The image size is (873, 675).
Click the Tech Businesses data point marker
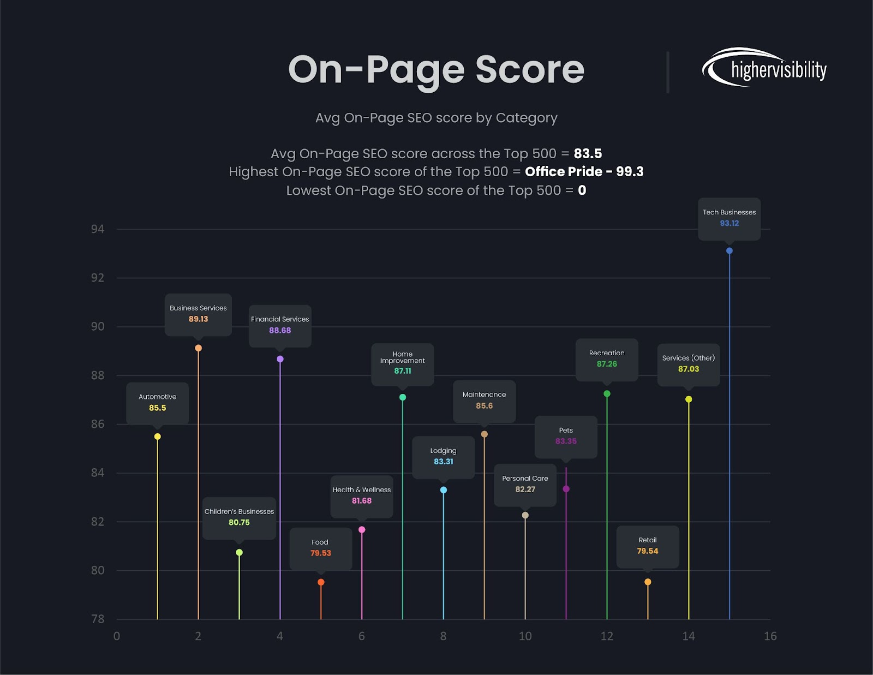pos(730,251)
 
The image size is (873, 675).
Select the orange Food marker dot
pos(321,582)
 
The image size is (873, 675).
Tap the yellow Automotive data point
pos(158,437)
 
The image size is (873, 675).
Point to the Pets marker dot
pos(566,489)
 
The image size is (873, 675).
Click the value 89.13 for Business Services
pos(198,319)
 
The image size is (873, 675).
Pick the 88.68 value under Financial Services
pos(280,331)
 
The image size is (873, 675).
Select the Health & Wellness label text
pos(362,490)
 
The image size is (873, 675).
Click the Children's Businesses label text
pos(239,511)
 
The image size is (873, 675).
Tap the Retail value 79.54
pos(648,551)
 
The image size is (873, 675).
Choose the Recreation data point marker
pos(607,394)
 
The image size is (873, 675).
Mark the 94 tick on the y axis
pos(98,229)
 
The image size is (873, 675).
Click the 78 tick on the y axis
pos(98,619)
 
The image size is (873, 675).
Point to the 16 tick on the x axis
pos(770,636)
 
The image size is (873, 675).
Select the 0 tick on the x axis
pos(117,636)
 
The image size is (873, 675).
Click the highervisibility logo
pos(764,68)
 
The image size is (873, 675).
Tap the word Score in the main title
pos(530,70)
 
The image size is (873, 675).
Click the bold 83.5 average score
pos(588,154)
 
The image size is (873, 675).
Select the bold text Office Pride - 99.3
pos(584,172)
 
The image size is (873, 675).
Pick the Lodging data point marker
pos(444,490)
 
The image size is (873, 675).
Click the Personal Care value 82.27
pos(525,489)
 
